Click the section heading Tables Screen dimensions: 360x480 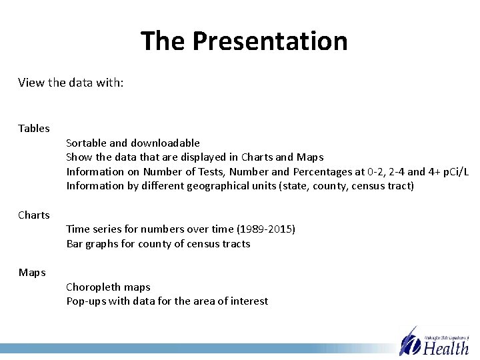[x=34, y=128]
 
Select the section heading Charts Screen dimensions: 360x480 [x=34, y=215]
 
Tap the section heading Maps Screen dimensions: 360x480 [x=32, y=273]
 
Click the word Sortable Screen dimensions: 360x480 [x=87, y=143]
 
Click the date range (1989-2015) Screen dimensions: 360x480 [x=261, y=229]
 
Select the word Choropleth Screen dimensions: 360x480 [x=94, y=287]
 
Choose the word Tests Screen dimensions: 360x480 [x=201, y=171]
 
